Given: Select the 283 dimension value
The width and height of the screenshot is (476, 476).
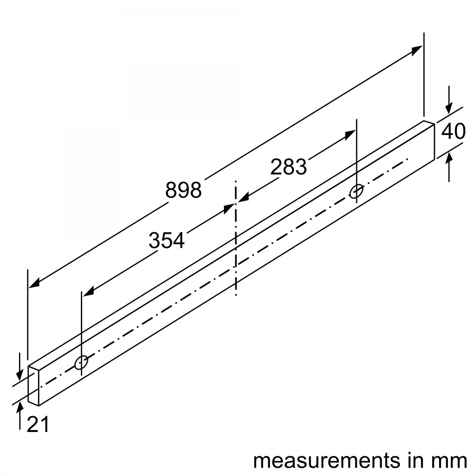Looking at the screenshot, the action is pyautogui.click(x=288, y=167).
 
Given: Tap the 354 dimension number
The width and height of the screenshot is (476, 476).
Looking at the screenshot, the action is pyautogui.click(x=167, y=240).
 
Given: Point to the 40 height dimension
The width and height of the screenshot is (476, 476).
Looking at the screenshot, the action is pyautogui.click(x=453, y=132).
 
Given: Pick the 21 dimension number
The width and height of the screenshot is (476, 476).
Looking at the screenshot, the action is pyautogui.click(x=38, y=424).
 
